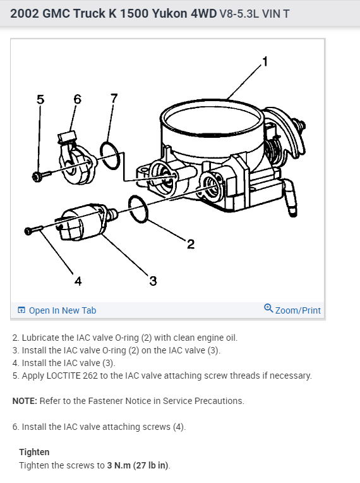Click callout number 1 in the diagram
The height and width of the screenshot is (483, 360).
265,61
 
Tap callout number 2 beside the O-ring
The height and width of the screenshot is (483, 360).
191,244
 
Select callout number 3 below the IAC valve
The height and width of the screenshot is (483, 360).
153,281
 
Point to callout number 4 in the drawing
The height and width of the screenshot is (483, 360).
78,281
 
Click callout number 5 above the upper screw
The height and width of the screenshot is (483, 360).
40,99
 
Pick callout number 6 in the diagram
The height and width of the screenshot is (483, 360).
77,99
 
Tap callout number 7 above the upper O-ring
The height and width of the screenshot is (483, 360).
114,98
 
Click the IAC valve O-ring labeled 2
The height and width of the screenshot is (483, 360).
138,209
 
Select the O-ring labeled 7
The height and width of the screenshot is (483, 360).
110,156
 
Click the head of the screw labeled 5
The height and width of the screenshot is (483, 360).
37,176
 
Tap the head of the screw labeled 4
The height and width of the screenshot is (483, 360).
28,231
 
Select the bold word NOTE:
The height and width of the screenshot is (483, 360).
25,401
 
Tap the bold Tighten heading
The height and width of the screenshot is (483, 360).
34,452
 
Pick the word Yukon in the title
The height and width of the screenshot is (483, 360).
169,13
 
